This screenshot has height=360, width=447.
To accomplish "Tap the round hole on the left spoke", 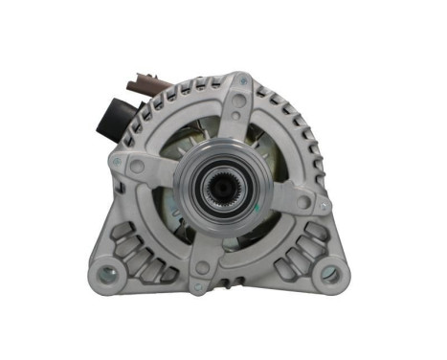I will (x=138, y=166).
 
